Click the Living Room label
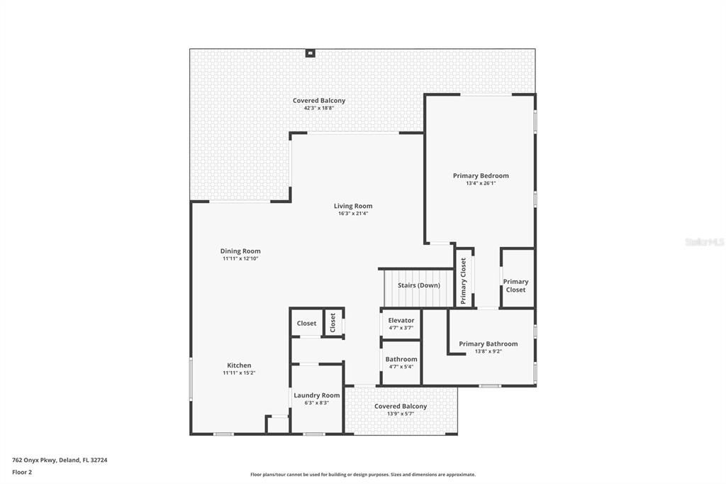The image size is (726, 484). pos(353,206)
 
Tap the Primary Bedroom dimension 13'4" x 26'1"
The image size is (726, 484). pos(481,183)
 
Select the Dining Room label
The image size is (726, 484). pos(240,251)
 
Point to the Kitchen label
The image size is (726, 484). pos(239,365)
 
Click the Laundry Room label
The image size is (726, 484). pos(317,395)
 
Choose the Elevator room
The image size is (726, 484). pos(401,324)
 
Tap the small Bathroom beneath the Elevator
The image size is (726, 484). pos(401,363)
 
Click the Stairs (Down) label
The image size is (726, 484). pos(418,285)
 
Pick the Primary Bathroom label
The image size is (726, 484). pos(488,343)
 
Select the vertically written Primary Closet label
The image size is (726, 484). pos(464,281)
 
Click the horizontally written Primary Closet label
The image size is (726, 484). pos(516,285)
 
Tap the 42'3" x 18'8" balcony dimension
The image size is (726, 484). pos(318,108)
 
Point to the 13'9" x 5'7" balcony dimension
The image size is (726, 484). pos(401,414)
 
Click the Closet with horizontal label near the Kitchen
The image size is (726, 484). pos(306,323)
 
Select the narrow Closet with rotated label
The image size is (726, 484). pos(333,322)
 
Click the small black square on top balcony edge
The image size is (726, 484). pos(310,53)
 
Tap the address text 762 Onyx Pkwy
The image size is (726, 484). pos(34,461)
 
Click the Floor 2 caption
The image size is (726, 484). pos(22,473)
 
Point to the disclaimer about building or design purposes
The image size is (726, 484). pos(363,475)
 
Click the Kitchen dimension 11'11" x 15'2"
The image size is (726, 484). pos(239,373)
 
